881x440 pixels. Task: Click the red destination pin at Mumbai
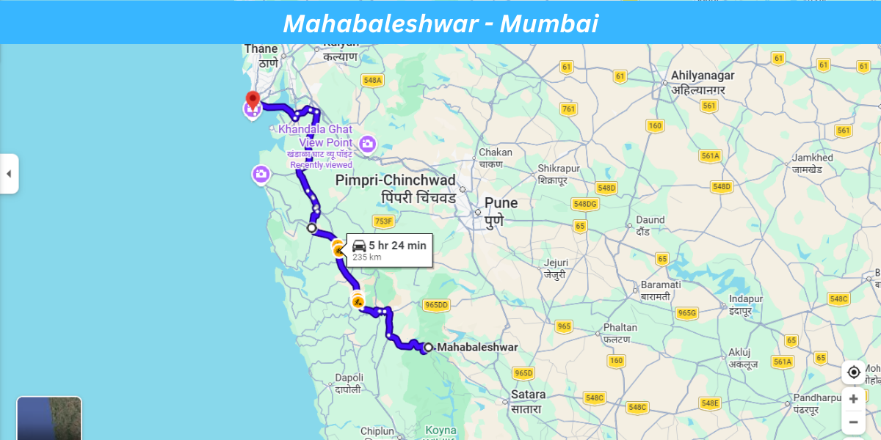[x=253, y=100]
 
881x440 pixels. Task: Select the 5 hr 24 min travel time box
[x=389, y=249]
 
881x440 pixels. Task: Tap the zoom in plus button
[x=853, y=399]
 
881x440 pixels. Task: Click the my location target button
[x=853, y=373]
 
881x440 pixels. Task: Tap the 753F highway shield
[x=384, y=221]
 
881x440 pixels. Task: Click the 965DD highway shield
[x=436, y=305]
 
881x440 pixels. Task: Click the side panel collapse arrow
[x=9, y=174]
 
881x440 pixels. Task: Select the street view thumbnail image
[x=49, y=419]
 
